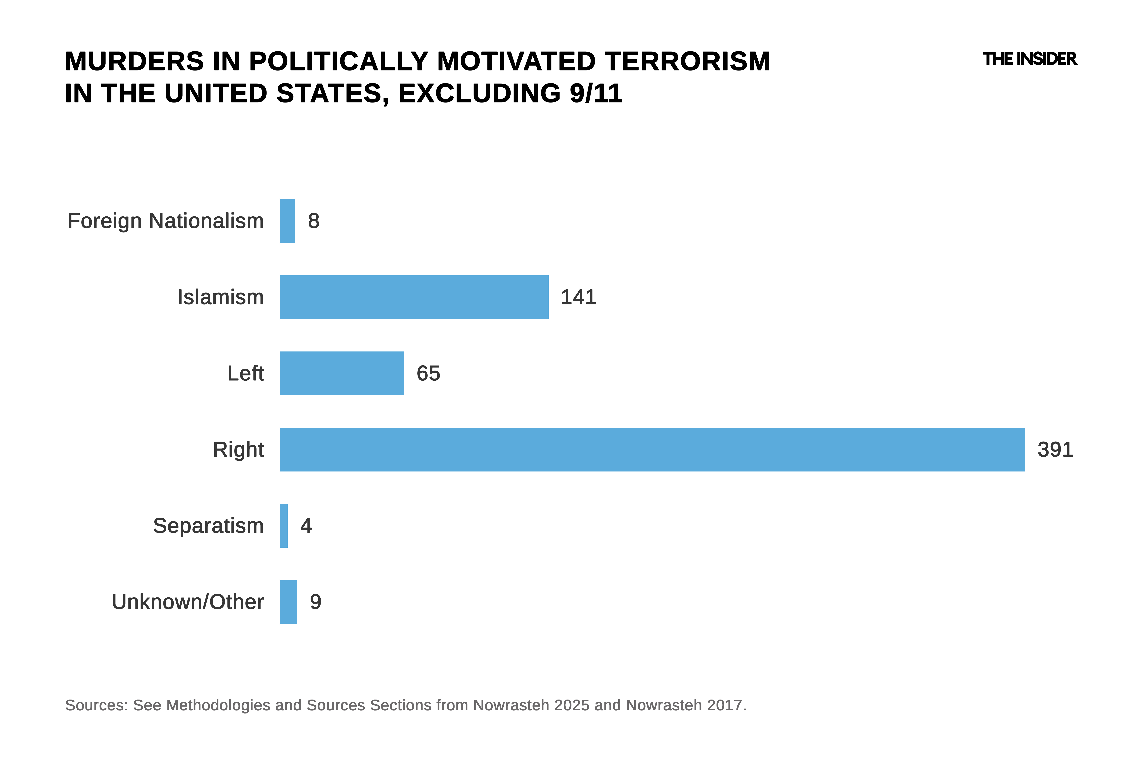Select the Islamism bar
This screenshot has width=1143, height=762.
[414, 297]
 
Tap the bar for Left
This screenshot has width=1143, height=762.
[342, 373]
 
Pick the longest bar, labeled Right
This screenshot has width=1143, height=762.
[652, 450]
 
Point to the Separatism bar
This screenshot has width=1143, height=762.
[284, 526]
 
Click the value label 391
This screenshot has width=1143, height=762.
[1055, 450]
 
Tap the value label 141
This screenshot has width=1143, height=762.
[578, 297]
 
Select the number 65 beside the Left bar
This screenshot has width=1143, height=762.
[428, 373]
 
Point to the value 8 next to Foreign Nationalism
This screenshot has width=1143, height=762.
[314, 221]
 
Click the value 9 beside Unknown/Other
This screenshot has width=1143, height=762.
[316, 602]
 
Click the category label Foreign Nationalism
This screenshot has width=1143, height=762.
[166, 221]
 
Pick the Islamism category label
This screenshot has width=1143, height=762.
[221, 297]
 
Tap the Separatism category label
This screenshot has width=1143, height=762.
[208, 526]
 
